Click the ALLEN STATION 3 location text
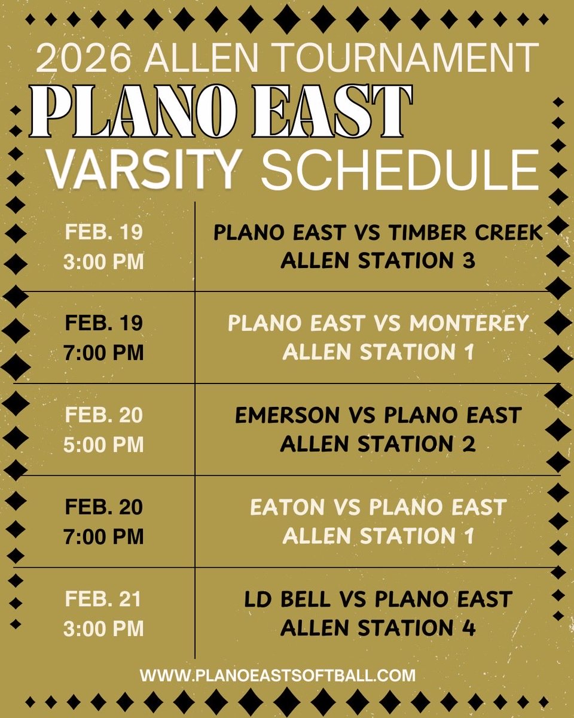pyautogui.click(x=378, y=261)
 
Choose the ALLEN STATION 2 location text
pyautogui.click(x=378, y=445)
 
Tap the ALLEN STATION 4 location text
pyautogui.click(x=378, y=628)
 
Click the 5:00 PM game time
pyautogui.click(x=104, y=445)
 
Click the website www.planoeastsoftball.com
pyautogui.click(x=277, y=676)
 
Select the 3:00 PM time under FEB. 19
pyautogui.click(x=104, y=261)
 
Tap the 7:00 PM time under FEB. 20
pyautogui.click(x=104, y=536)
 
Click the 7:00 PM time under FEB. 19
pyautogui.click(x=104, y=352)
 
